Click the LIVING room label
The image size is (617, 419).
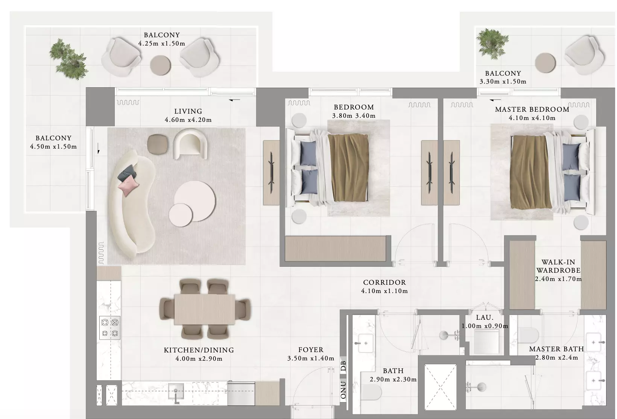pos(188,111)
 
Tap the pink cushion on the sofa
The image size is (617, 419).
pos(128,185)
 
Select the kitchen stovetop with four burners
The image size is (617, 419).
pos(109,328)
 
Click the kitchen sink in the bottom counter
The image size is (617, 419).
pos(176,391)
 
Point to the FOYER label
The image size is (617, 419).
pos(311,350)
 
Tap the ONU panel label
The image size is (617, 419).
pos(343,390)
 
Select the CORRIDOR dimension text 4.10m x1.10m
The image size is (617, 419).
pos(384,291)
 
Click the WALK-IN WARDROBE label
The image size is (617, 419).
pos(558,266)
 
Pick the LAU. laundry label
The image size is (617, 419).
pos(485,317)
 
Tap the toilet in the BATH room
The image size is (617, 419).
pos(371,393)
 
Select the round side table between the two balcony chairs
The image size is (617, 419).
pos(160,65)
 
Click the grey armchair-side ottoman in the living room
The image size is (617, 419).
pos(157,144)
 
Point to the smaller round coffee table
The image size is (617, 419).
pos(181,215)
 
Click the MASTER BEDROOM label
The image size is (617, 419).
pos(532,109)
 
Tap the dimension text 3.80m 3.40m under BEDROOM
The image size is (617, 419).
pos(354,115)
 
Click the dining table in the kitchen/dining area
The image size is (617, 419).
pos(205,310)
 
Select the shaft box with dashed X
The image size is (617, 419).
pos(441,387)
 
